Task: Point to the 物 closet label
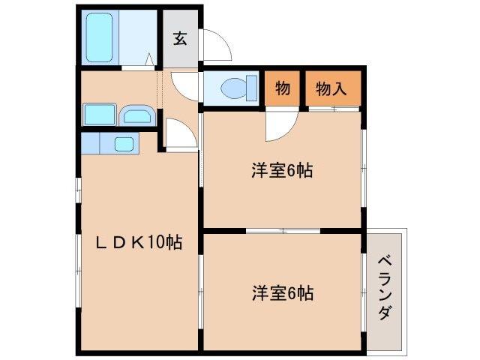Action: point(283,88)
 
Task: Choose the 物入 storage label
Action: point(331,88)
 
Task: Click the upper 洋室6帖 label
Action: point(281,170)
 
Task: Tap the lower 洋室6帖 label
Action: point(281,292)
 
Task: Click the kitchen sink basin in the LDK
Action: point(124,143)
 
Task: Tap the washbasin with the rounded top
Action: point(136,115)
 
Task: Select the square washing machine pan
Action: point(99,115)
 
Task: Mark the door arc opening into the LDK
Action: point(180,135)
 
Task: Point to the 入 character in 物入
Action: point(340,88)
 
